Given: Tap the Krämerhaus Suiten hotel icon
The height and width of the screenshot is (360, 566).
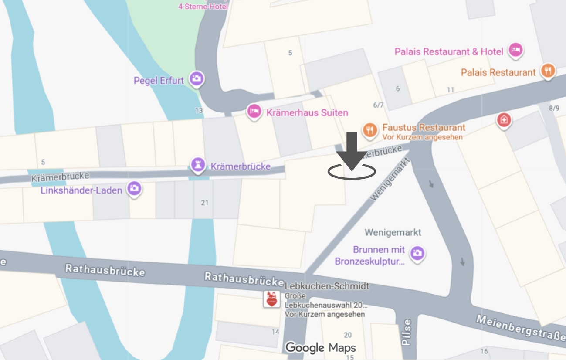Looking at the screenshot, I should [254, 112].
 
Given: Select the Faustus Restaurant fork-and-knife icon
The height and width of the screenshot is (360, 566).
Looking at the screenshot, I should [370, 129].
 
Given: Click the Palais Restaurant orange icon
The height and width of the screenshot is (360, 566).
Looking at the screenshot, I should [548, 71].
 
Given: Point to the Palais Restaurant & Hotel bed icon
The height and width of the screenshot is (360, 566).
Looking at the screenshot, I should [516, 50].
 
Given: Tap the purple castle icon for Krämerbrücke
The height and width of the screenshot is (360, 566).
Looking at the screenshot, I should [198, 165].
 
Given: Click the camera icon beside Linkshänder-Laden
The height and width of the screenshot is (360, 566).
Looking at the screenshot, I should [134, 189].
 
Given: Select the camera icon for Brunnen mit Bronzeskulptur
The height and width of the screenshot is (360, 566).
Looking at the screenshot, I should [417, 253].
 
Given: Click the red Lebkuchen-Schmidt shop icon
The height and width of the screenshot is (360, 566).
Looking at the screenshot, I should [271, 299].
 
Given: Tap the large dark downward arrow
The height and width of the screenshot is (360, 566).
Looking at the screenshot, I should [352, 150].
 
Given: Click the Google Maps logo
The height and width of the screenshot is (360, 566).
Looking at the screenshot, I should [320, 348].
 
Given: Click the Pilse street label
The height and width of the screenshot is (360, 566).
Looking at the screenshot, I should [407, 332].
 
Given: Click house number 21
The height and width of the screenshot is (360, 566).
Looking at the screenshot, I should [205, 202].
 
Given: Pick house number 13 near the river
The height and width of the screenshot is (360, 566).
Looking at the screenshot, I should [199, 110].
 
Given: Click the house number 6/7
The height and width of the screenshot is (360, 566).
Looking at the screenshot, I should [378, 105].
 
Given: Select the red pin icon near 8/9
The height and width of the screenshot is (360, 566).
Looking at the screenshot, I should [504, 120].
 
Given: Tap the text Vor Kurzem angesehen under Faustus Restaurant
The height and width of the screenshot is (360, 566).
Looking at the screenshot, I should [422, 137].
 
